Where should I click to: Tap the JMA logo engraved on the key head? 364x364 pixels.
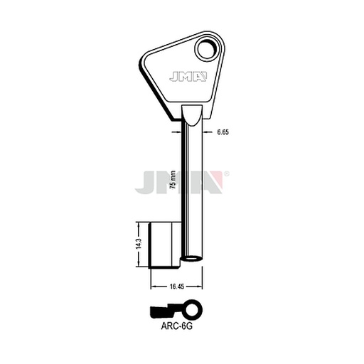click(188, 77)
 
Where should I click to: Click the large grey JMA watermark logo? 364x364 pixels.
click(179, 182)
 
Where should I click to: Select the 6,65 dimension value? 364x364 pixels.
click(223, 132)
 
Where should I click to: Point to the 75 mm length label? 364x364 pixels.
click(173, 180)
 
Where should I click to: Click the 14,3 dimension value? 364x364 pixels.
click(139, 244)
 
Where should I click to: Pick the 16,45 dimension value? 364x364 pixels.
click(177, 287)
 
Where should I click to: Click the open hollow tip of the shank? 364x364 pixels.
click(192, 259)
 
